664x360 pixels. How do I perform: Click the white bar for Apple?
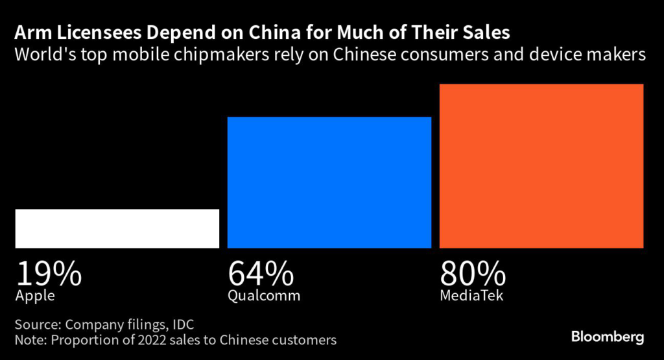117,228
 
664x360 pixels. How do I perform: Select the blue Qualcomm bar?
329,182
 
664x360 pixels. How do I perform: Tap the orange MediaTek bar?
541,166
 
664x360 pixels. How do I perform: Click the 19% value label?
49,274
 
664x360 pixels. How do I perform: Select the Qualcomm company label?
264,296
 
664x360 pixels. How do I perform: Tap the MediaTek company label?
471,296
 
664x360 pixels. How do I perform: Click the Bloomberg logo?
608,337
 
